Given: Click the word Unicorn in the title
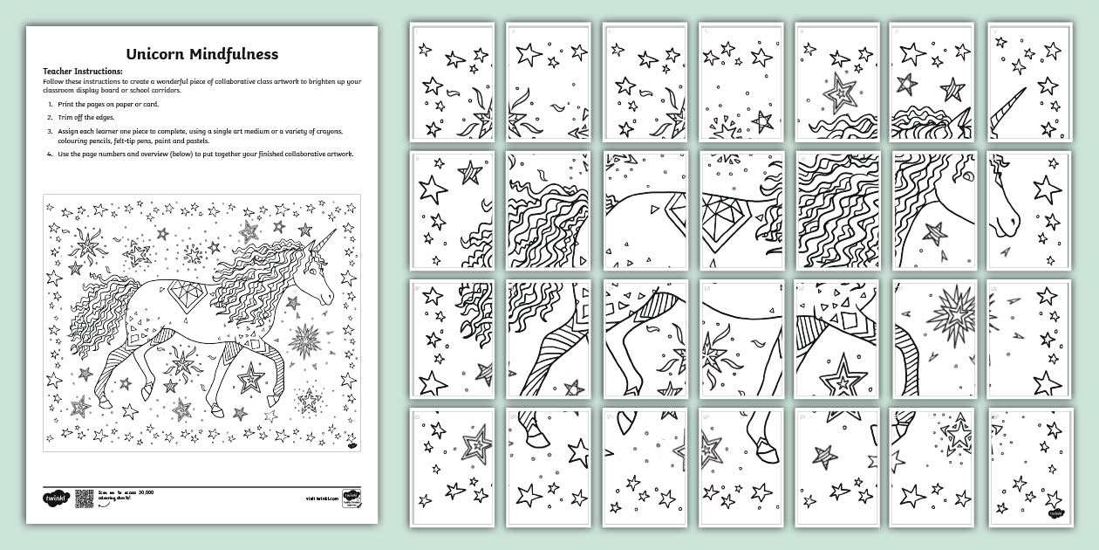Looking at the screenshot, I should click(x=155, y=54).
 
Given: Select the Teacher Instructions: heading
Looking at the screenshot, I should click(x=83, y=72).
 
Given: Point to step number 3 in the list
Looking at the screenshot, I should click(x=51, y=131).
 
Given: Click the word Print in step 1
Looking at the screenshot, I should click(x=68, y=104).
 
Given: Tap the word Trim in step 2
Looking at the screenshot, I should click(x=67, y=118).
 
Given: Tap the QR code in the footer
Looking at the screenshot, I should click(x=84, y=498).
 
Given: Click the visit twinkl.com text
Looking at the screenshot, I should click(x=321, y=498).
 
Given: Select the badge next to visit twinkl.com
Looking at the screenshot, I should click(x=351, y=497).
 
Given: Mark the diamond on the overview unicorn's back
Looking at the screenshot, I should click(x=187, y=291).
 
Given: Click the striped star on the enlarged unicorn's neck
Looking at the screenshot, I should click(x=934, y=233).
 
